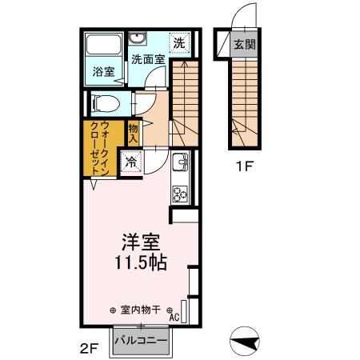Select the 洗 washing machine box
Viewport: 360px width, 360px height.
click(x=181, y=43)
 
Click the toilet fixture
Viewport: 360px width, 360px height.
click(x=103, y=103)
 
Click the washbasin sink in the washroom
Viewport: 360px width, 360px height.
click(x=138, y=39)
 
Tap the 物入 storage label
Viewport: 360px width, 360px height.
click(x=134, y=134)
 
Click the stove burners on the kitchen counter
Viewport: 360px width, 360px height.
click(x=179, y=193)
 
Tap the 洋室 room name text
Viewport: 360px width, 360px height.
click(x=137, y=240)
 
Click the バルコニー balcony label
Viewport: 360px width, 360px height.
click(x=140, y=341)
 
